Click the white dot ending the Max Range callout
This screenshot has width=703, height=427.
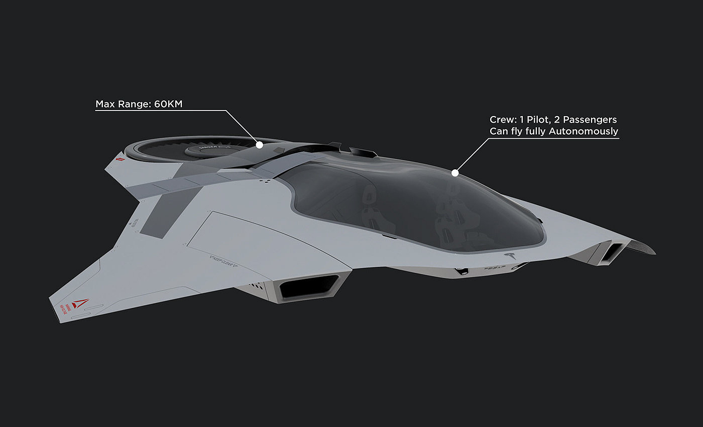click(260, 145)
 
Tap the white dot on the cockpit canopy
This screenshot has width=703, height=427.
click(455, 173)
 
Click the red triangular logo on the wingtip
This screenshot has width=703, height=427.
click(79, 303)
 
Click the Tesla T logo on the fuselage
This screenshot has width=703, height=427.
click(511, 256)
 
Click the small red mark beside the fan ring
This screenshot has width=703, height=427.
click(119, 159)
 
